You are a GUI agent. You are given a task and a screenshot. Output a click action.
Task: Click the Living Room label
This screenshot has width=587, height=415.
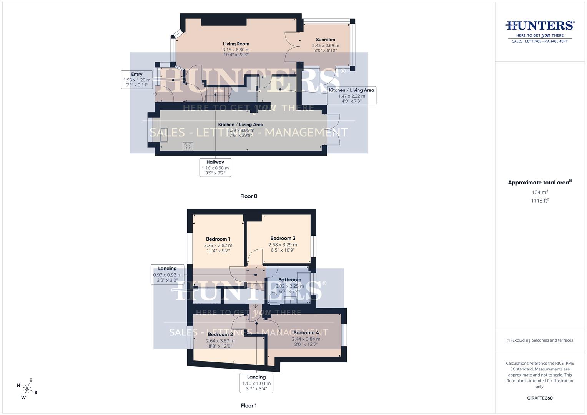point(236,44)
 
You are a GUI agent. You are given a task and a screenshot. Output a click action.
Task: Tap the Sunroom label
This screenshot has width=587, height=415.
point(325,40)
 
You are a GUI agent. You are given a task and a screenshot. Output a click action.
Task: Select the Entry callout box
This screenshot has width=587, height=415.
point(137,80)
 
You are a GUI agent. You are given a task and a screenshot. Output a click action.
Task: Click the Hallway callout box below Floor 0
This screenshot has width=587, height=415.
point(215,168)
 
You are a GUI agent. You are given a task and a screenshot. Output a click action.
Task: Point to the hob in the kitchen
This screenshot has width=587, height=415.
point(188,146)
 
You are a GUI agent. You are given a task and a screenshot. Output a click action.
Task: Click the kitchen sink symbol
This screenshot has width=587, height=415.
point(164,135)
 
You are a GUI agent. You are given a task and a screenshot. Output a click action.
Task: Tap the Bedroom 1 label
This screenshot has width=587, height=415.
point(218,239)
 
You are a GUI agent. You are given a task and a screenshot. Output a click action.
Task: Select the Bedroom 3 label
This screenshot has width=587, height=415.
point(283,238)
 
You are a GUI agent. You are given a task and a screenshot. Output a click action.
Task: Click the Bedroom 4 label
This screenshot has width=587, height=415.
point(306,333)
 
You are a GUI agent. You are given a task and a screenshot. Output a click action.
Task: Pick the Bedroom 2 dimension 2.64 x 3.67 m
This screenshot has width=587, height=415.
point(220,341)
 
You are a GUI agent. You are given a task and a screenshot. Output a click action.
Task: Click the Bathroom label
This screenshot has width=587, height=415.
point(289,280)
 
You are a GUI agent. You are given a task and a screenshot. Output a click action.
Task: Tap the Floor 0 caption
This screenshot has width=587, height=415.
point(249,196)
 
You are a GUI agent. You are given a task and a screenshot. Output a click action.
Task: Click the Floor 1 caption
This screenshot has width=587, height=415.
point(249,405)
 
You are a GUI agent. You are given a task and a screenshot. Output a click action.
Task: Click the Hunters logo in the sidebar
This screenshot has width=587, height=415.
point(540,31)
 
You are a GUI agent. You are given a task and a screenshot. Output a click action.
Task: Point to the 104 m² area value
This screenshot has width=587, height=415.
point(540,192)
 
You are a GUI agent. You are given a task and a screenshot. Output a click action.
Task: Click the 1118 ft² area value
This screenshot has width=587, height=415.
point(540,200)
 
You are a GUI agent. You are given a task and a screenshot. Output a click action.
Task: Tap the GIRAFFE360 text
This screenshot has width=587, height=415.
point(540,398)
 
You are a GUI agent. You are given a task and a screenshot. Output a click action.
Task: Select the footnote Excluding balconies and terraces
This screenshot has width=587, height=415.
point(540,340)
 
